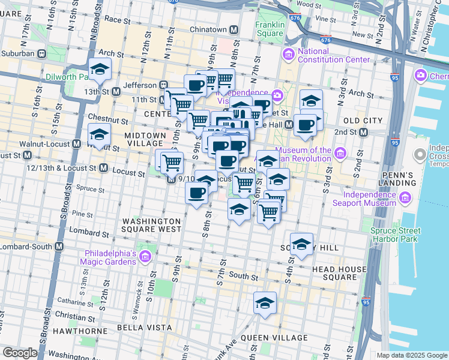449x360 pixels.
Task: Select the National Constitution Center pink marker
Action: pos(289,55)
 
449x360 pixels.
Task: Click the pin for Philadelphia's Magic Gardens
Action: pos(145,257)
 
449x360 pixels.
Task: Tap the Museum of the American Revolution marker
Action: pos(340,154)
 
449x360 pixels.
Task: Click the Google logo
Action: pos(20,353)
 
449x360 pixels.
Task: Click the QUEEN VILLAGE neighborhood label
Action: pos(274,338)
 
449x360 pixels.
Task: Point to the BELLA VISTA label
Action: pos(138,328)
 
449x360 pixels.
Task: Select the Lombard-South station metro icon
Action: pos(59,247)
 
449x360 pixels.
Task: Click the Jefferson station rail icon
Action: pos(163,85)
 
